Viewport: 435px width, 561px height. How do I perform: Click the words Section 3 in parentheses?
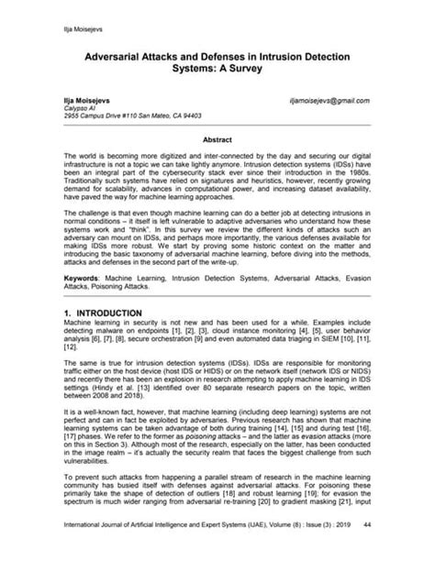109,467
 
